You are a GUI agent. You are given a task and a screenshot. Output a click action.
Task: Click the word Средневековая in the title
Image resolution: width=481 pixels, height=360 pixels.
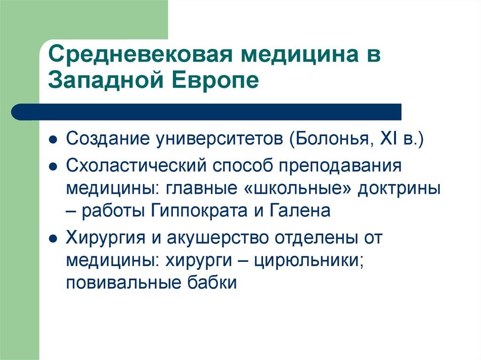click(x=140, y=54)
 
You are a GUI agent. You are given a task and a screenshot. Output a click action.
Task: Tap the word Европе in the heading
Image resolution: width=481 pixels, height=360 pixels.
click(x=215, y=80)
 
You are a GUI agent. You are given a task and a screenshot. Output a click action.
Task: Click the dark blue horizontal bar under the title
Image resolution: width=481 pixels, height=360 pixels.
click(x=206, y=112)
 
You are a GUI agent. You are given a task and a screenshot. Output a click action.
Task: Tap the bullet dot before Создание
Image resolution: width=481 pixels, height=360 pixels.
click(x=53, y=140)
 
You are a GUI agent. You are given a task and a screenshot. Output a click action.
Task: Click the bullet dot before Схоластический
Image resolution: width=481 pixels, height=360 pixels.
click(x=53, y=167)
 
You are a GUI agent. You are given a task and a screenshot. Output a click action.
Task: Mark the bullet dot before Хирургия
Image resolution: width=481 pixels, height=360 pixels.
click(x=53, y=239)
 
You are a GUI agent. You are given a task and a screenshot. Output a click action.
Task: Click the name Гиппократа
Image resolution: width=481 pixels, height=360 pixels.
click(x=199, y=211)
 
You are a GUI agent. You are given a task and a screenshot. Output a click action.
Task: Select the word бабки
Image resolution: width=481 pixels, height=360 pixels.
click(x=212, y=282)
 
